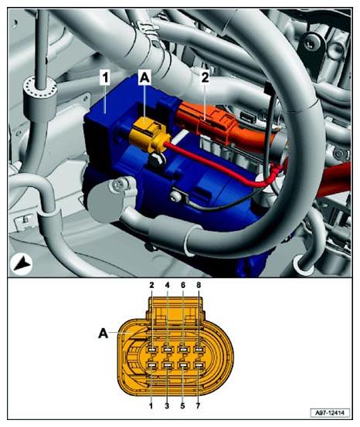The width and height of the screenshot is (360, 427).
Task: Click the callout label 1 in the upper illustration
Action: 105,78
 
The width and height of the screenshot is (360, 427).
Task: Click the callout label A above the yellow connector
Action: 144,78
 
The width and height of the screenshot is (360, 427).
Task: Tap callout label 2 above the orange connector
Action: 205,78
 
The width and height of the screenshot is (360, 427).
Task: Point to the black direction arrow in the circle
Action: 22,264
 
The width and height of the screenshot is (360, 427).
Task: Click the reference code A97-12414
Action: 330,413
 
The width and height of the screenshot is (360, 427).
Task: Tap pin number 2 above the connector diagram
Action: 151,285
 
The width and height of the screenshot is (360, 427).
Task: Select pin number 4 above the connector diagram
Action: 168,285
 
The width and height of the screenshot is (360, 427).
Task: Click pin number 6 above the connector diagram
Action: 183,285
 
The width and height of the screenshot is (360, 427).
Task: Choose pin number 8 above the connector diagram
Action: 199,285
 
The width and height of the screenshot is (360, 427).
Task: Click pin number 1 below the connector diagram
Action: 151,405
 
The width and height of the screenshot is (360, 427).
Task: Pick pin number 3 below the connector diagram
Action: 167,405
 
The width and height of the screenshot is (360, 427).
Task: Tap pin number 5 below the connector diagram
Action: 182,405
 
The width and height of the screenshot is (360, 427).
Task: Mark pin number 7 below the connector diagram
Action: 198,405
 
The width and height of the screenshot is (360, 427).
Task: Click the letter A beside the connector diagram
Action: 103,333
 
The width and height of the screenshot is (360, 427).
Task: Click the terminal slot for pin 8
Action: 199,350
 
